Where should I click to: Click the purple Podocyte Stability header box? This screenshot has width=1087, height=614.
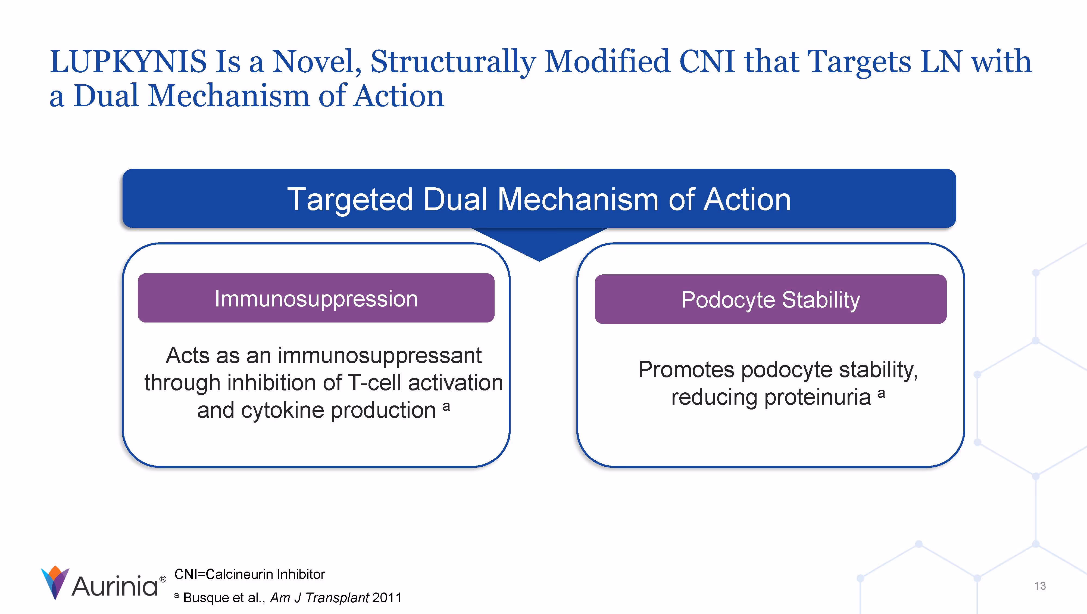[770, 299]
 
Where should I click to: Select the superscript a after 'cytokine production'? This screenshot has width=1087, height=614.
[446, 406]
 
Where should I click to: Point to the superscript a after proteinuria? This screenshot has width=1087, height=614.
[881, 393]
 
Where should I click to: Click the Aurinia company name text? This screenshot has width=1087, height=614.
[115, 587]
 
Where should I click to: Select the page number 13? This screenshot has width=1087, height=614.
[1040, 586]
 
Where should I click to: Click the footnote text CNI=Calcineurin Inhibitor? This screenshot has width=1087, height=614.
[249, 574]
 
